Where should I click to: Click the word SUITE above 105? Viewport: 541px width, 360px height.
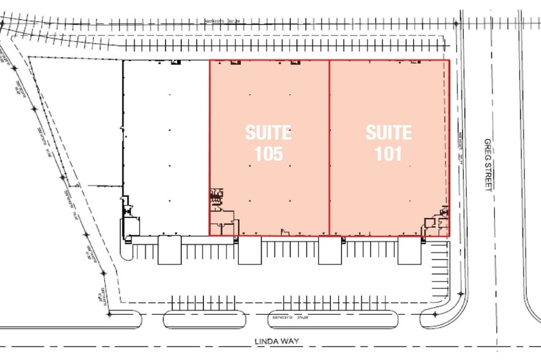[268, 132]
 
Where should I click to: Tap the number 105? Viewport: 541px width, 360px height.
[268, 154]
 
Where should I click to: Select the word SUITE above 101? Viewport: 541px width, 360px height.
[388, 132]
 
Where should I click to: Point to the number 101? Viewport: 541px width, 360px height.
[388, 154]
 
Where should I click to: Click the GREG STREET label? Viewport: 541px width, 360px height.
[488, 163]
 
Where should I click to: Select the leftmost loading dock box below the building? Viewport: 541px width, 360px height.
[169, 250]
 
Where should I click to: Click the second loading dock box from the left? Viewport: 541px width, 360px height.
[249, 250]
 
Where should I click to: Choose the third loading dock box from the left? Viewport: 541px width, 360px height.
[329, 250]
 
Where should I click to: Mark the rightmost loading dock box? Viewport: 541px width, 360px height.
[409, 250]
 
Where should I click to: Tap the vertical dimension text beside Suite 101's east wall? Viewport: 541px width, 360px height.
[458, 147]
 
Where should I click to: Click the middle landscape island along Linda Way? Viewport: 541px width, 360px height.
[205, 319]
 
